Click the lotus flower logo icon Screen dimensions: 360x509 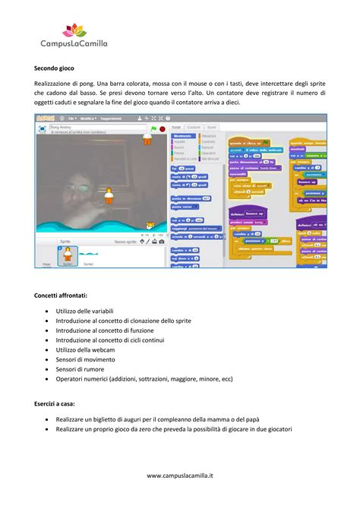74,30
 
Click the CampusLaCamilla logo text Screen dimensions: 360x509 74,44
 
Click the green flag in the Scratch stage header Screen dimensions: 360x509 154,130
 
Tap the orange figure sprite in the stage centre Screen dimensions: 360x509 109,195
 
